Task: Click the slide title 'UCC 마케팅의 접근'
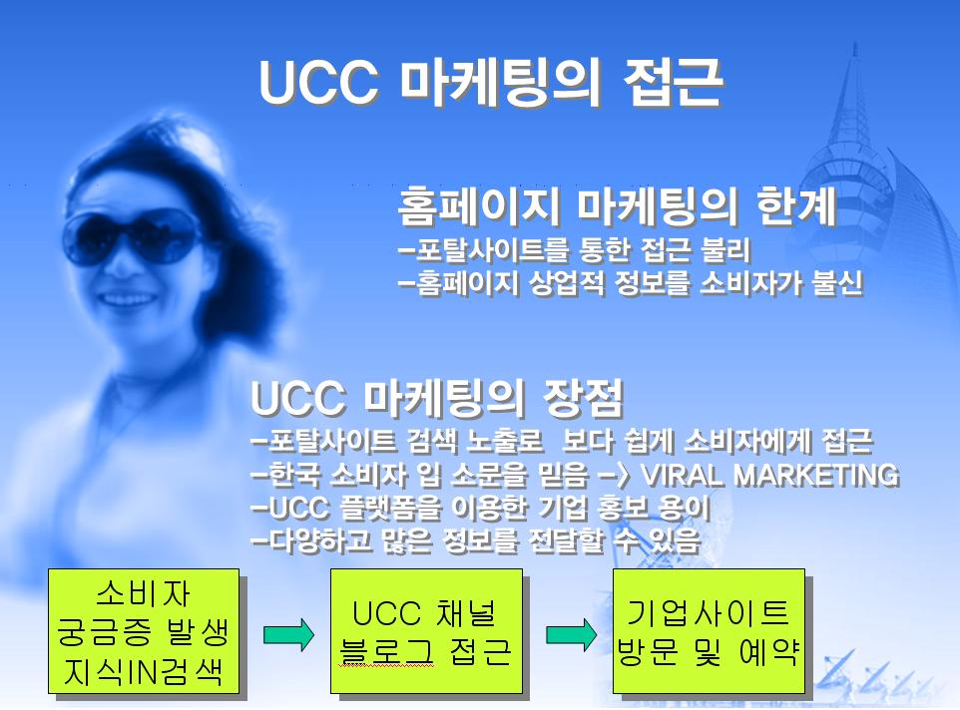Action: pos(491,83)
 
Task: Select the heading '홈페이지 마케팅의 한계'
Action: pos(617,206)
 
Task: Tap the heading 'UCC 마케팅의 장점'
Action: pos(437,398)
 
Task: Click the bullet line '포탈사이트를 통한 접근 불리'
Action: pos(574,249)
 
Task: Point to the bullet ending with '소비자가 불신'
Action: pos(631,283)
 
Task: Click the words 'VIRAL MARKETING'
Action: pos(769,475)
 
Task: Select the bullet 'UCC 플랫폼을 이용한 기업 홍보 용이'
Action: pos(481,508)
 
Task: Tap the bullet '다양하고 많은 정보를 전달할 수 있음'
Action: pos(476,540)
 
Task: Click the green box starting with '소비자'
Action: pos(144,631)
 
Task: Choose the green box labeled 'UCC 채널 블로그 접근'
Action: pos(426,631)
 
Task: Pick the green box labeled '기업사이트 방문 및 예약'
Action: pos(709,631)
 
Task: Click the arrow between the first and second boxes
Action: pos(288,635)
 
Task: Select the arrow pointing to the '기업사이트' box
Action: pos(571,635)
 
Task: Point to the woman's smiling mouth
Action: pos(128,299)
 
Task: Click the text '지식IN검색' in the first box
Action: pos(144,671)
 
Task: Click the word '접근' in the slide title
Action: pos(674,83)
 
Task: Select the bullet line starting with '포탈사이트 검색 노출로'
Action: pos(562,442)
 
